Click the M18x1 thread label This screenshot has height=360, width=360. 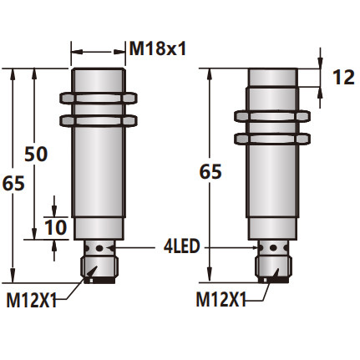(x=156, y=49)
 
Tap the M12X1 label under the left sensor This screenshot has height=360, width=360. (x=31, y=298)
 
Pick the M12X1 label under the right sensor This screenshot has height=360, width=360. (x=221, y=298)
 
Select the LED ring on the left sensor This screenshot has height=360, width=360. (x=99, y=248)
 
